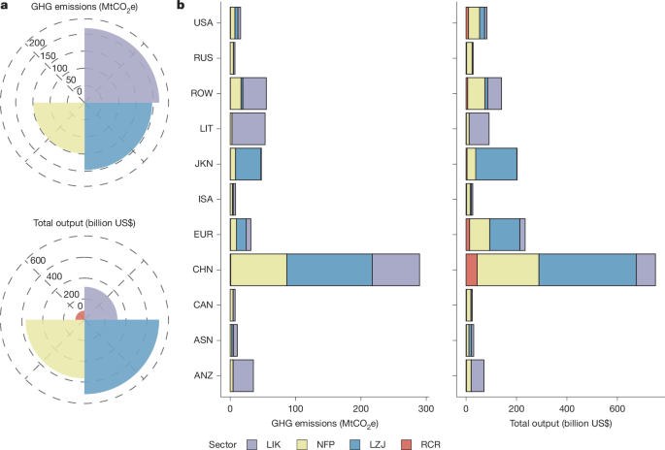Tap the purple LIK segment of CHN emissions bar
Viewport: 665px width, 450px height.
click(x=396, y=271)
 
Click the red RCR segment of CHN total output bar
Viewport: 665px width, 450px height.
click(x=472, y=271)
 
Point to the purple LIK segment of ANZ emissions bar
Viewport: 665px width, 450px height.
click(x=243, y=374)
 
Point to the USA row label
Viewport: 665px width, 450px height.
click(x=204, y=23)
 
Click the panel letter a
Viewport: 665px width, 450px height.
click(x=5, y=8)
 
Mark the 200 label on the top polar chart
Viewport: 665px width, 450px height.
click(x=38, y=44)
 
